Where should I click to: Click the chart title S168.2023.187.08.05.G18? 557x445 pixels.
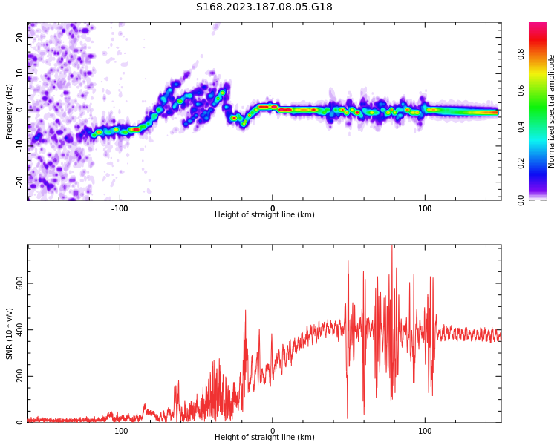tap(264, 7)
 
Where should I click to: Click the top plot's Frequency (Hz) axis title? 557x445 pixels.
tap(10, 111)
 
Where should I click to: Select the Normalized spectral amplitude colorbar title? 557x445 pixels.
tap(552, 111)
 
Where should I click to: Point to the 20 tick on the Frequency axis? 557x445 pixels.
tap(19, 37)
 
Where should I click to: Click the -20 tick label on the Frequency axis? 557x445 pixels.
tap(19, 180)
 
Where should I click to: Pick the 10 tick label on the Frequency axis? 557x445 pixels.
tap(19, 73)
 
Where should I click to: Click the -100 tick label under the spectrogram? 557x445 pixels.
tap(120, 208)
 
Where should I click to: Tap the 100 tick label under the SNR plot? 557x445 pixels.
tap(425, 431)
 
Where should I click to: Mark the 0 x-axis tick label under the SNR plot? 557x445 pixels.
tap(273, 431)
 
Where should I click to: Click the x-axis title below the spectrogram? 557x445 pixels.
tap(264, 215)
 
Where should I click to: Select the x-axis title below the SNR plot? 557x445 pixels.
tap(264, 438)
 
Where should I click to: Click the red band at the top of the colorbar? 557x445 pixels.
tap(538, 26)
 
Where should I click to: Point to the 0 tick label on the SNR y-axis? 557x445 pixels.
tap(19, 422)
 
